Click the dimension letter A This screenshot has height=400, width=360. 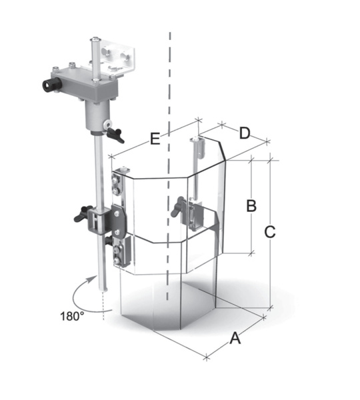[x=235, y=338]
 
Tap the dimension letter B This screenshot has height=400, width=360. [x=251, y=206]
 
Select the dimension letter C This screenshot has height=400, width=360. [x=270, y=232]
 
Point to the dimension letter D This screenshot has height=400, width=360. [x=245, y=133]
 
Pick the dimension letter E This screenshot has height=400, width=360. [x=155, y=139]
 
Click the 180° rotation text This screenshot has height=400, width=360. [x=72, y=316]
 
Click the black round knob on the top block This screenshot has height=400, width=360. [x=51, y=85]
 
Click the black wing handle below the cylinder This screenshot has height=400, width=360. [x=115, y=135]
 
